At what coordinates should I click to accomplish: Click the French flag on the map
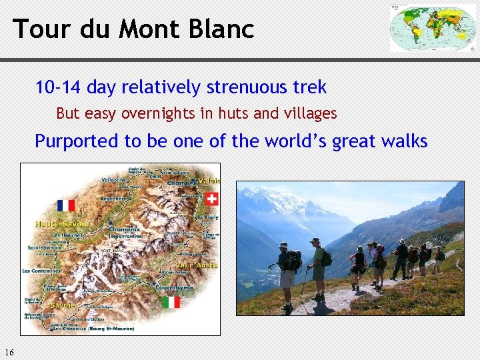(x=66, y=205)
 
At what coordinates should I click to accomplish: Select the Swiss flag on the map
(x=211, y=198)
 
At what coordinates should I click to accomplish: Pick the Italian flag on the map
(x=171, y=302)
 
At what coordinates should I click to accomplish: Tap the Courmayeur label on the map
(x=175, y=288)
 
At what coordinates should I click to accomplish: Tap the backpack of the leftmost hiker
(x=294, y=261)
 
